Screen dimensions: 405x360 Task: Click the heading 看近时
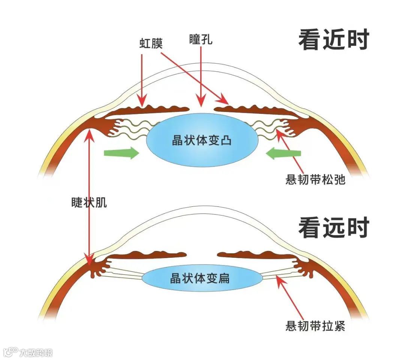coord(333,40)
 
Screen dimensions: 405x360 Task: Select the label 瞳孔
coord(201,40)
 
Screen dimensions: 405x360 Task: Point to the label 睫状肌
coord(89,203)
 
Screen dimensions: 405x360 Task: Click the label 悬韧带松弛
coord(315,180)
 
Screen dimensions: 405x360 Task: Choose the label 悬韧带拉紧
coord(315,326)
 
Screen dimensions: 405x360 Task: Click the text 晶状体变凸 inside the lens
coord(202,141)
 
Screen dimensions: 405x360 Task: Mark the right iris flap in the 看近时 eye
coord(255,110)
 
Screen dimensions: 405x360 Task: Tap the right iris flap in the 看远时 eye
coord(255,255)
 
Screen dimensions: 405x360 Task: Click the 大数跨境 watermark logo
coord(28,352)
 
